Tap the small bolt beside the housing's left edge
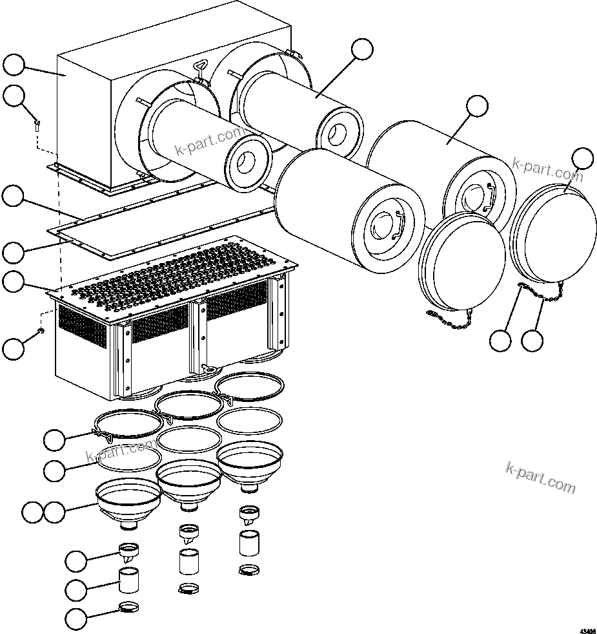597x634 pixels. click(38, 124)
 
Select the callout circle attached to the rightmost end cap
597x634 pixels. click(583, 159)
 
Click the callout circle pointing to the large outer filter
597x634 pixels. click(477, 106)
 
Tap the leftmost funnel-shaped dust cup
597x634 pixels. click(128, 502)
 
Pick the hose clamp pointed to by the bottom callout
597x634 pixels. click(131, 608)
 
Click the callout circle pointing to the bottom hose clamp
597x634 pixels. click(77, 618)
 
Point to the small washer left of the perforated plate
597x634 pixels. click(41, 331)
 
